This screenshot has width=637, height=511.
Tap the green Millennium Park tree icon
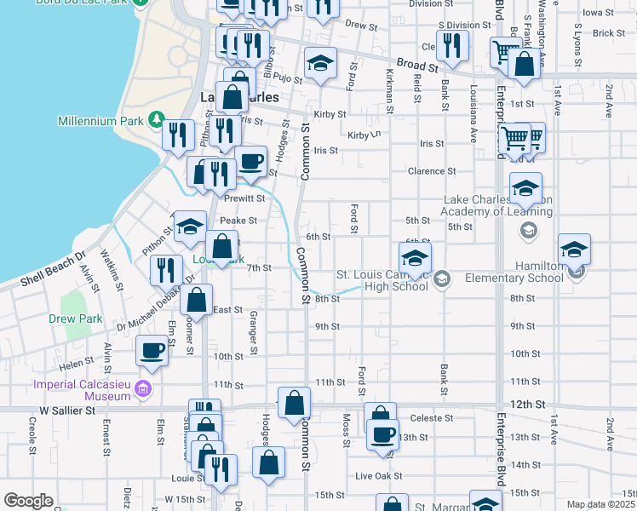[x=156, y=119]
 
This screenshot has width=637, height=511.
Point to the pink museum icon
[x=143, y=390]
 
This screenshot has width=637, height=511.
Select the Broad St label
[x=417, y=65]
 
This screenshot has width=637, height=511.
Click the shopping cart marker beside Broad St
[x=506, y=54]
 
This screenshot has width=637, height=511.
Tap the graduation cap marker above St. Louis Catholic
[x=415, y=259]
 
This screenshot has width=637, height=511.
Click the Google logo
[x=28, y=501]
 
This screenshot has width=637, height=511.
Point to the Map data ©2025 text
[x=600, y=504]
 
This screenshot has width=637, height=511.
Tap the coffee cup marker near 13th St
[x=382, y=434]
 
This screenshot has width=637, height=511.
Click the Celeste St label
[x=431, y=418]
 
